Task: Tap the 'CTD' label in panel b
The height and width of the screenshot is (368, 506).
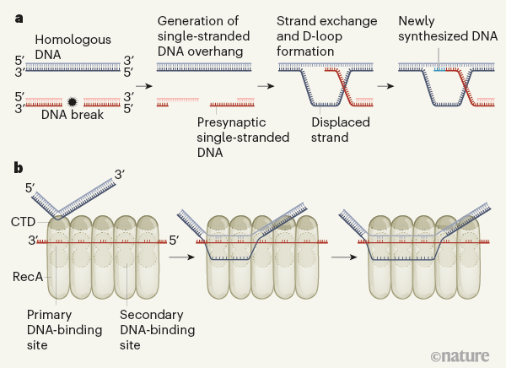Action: (24, 222)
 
